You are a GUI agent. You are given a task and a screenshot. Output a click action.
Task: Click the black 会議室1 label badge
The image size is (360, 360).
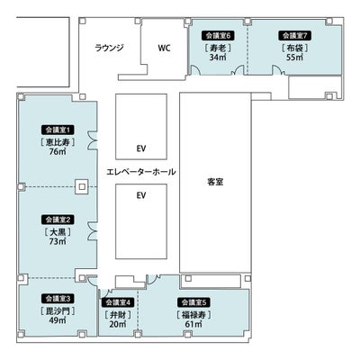coord(58,130)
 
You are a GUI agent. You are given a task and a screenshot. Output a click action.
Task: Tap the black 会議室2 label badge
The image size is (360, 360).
coord(58,220)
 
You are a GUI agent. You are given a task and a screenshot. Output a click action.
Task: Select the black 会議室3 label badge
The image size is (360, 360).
coord(58,299)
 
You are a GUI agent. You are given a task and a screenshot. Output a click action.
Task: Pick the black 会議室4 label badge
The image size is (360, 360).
coord(118,302)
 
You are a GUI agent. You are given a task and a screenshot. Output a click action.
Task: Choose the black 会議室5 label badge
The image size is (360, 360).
coord(193,302)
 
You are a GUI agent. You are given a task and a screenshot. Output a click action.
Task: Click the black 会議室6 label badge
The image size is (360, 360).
coord(218,35)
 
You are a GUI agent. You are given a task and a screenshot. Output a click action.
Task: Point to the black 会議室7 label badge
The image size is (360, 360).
coord(295,35)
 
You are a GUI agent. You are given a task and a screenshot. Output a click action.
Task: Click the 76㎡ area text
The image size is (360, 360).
coord(58,151)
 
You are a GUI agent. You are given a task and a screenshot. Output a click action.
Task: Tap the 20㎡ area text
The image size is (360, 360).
coord(118,324)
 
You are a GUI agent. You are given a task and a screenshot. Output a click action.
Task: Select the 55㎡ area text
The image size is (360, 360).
coord(295,57)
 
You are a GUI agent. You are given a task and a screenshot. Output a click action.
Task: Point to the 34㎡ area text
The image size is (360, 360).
coord(218,57)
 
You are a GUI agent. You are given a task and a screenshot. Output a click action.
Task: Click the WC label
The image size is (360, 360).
coord(164,48)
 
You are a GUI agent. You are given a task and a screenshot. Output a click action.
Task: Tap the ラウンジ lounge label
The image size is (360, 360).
coord(109,48)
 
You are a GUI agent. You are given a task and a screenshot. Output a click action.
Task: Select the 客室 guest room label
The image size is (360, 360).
coord(215,182)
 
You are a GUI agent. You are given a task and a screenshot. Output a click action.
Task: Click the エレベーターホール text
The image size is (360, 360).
coord(141,172)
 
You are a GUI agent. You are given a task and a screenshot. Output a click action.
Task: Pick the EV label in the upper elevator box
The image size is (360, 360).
coord(141,148)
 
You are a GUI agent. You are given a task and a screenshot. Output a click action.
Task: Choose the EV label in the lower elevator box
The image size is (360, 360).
coord(141,195)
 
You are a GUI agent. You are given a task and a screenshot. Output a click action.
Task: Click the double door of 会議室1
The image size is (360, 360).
coord(93,140)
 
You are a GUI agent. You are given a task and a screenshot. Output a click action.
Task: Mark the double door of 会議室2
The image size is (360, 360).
coord(93,231)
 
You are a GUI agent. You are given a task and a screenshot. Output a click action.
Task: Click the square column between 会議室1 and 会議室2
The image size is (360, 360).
coord(82,187)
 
